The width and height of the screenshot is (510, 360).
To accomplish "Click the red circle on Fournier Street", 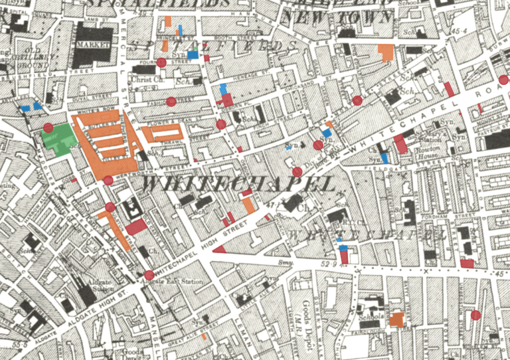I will (161, 63).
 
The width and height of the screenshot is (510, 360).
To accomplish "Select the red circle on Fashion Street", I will (171, 102).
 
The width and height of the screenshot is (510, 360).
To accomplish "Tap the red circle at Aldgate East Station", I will (149, 275).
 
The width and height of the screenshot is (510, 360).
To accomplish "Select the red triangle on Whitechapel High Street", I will (218, 249).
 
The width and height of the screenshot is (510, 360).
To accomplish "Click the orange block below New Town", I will (386, 52).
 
